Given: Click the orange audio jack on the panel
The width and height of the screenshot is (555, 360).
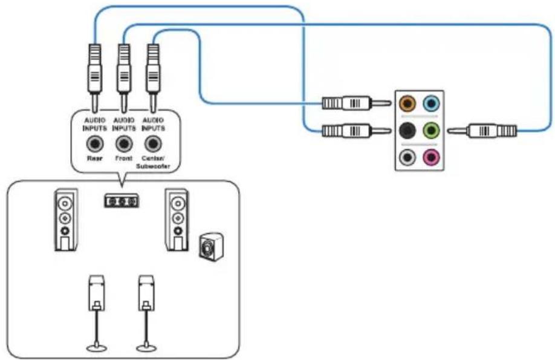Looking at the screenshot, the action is pos(407,103).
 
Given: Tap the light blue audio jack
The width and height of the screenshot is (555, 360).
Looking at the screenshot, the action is pos(431,103).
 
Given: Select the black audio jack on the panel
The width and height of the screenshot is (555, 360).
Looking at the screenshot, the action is pos(407,131).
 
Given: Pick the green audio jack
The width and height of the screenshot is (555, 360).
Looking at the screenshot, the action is pos(431,131).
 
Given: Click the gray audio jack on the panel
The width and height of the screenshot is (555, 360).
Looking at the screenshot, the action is pos(407,157).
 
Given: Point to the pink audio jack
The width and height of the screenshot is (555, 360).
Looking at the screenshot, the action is pos(431,157).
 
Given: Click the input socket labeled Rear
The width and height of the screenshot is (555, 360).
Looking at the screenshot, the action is pos(95,144).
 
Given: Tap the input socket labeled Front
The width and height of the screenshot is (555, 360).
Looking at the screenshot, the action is pos(124,144).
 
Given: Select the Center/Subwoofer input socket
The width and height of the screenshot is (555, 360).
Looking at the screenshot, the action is pos(153,144).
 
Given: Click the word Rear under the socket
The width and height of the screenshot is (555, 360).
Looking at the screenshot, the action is pos(95,159).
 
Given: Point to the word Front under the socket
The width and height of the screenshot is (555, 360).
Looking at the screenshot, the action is pos(124,159).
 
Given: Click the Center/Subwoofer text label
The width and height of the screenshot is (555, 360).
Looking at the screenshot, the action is pos(154,162).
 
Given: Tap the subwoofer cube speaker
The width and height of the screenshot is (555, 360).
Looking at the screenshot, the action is pos(211,247).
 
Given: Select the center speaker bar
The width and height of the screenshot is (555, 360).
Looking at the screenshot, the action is pos(122,201).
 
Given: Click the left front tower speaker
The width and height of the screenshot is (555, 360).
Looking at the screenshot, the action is pos(66,220).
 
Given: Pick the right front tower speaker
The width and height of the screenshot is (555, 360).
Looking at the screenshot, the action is pos(177,220).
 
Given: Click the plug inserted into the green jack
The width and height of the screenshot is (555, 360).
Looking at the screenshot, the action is pos(482,131).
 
